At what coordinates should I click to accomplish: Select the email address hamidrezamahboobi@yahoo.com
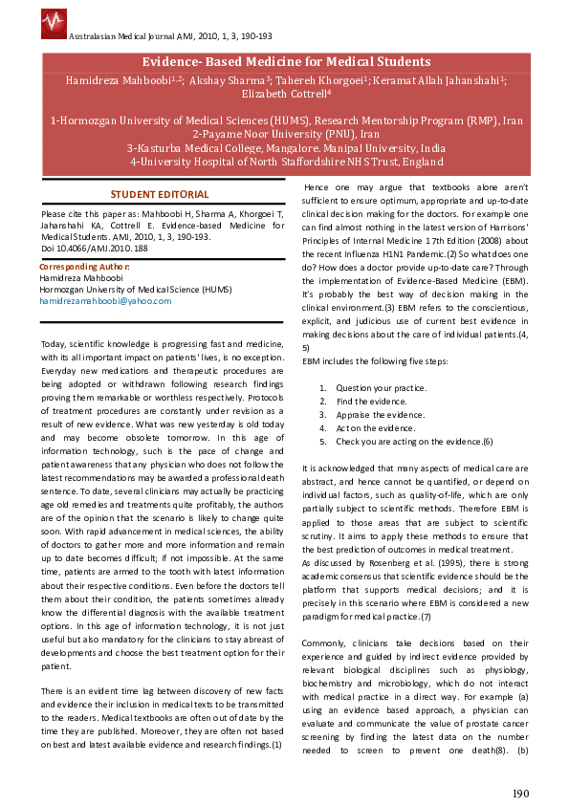click(106, 300)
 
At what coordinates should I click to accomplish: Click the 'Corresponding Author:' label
click(85, 266)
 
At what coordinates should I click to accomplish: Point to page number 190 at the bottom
click(520, 793)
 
